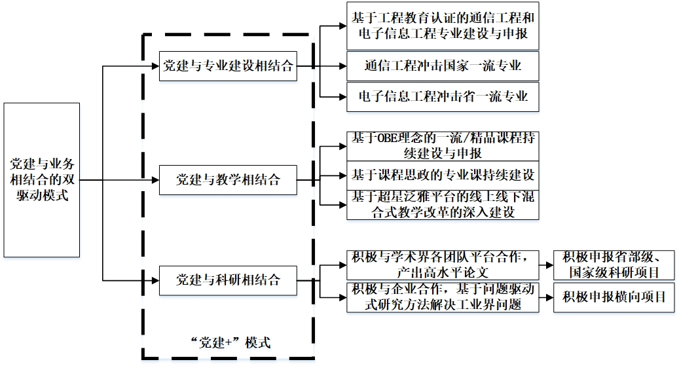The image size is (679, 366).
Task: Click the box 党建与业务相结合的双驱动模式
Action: tap(43, 179)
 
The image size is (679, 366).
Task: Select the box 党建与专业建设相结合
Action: tap(228, 65)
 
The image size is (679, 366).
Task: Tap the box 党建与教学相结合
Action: tap(228, 179)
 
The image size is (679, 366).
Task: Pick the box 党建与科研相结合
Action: tap(228, 280)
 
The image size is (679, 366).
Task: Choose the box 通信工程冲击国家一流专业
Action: tap(443, 65)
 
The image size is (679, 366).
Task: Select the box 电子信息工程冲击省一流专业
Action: tap(443, 97)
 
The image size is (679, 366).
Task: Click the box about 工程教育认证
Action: tap(443, 26)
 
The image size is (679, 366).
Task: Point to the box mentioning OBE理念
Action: tap(443, 146)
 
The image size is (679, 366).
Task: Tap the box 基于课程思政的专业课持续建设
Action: tap(443, 175)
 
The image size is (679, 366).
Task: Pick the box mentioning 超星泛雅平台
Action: tap(443, 204)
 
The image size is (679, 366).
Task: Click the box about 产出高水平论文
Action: tap(443, 264)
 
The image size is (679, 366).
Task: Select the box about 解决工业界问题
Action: tap(443, 297)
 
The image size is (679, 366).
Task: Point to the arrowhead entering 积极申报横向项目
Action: tap(550, 297)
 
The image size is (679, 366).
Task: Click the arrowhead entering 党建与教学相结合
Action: tap(156, 179)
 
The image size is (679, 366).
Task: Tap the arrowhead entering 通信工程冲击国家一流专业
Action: tap(342, 65)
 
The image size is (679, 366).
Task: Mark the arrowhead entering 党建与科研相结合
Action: tap(156, 280)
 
